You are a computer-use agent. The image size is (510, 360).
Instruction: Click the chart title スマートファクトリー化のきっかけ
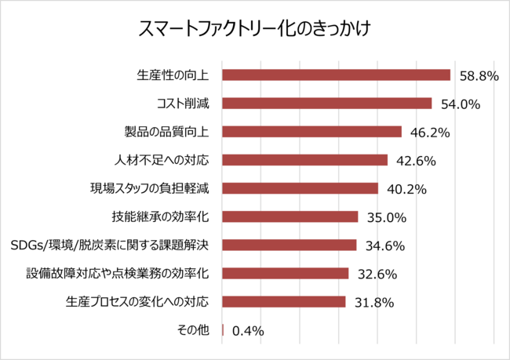(254, 29)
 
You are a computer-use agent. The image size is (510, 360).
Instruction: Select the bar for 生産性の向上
(336, 75)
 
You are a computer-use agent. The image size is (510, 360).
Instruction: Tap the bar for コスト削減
(327, 104)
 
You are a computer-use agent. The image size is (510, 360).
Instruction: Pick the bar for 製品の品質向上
(311, 132)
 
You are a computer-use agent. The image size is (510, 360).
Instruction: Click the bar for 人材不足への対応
(305, 160)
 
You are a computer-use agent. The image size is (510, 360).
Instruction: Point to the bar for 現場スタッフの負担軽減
(301, 188)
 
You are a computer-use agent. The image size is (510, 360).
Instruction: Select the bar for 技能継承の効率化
(290, 216)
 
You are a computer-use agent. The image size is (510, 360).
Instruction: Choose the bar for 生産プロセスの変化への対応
(284, 302)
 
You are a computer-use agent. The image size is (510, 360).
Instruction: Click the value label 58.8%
(479, 76)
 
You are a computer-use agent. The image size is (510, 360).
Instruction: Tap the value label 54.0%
(461, 104)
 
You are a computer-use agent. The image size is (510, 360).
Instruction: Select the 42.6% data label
(417, 161)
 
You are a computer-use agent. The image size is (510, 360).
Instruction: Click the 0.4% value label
(248, 331)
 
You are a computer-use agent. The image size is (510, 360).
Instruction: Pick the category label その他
(195, 330)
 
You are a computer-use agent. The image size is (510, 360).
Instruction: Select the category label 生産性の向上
(173, 75)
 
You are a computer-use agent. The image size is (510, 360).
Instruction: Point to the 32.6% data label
(377, 275)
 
